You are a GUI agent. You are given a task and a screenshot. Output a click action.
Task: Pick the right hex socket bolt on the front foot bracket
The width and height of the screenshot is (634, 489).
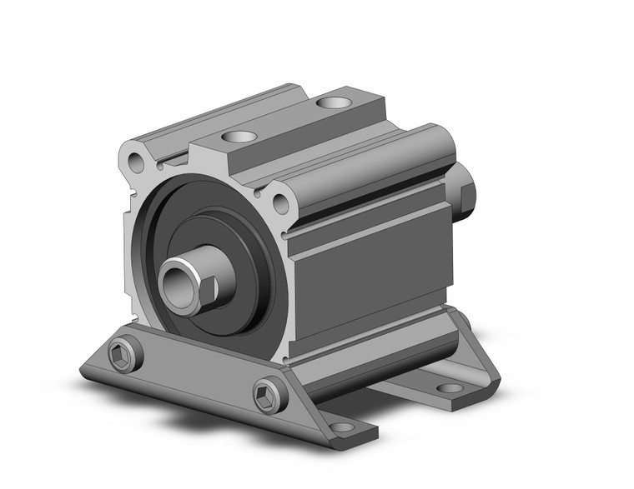(269, 393)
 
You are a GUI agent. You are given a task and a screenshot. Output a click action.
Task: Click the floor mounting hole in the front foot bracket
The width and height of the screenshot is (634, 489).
(342, 428)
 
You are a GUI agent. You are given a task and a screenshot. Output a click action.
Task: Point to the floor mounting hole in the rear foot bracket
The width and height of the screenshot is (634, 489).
(450, 387)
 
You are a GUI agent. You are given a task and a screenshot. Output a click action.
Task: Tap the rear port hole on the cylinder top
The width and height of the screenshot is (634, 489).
(335, 103)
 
